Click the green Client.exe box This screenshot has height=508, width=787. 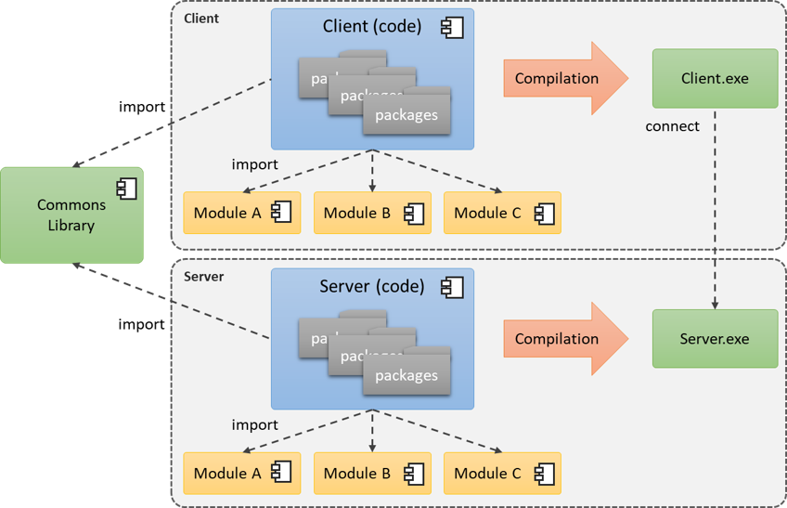tap(715, 79)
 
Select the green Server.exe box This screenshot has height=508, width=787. tap(715, 339)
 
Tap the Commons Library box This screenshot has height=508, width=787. tap(71, 215)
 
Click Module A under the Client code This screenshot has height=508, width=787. tap(242, 213)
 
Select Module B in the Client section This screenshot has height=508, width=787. tap(372, 213)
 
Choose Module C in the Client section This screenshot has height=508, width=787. tap(502, 213)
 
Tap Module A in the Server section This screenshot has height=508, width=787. tap(242, 474)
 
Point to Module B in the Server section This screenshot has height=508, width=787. tap(372, 474)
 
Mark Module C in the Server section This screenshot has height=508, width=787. tap(502, 474)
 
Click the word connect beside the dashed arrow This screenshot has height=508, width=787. tap(672, 126)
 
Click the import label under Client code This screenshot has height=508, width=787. tap(254, 164)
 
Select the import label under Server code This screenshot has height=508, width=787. tap(254, 424)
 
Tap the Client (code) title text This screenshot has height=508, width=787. tap(371, 26)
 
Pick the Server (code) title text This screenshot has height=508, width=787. tap(371, 286)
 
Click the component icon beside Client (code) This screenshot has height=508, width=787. tap(452, 27)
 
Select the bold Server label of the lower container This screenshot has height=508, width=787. tap(203, 277)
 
